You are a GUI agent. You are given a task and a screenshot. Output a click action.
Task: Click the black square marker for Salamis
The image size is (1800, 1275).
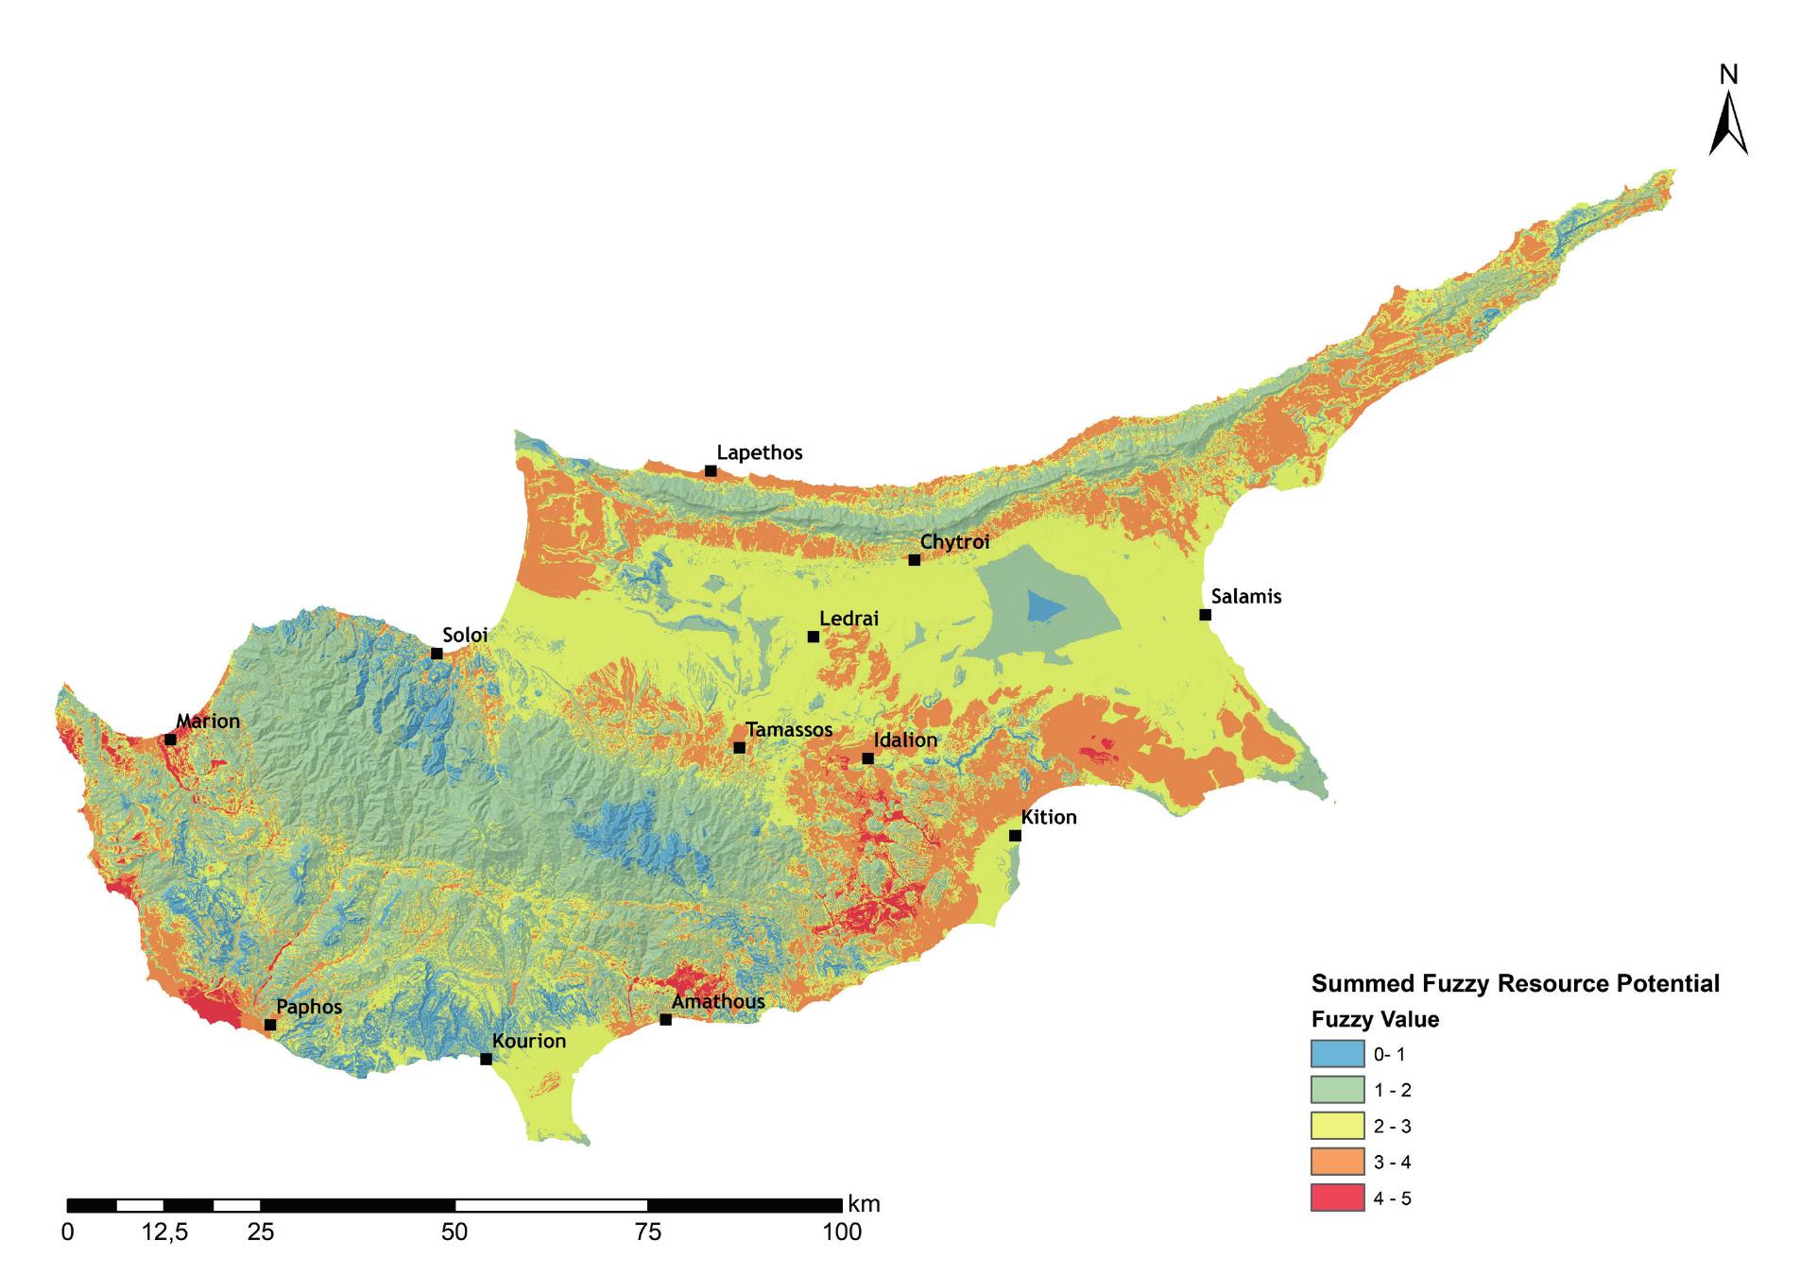pyautogui.click(x=1205, y=615)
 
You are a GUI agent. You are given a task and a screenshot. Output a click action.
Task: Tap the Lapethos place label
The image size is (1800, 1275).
pyautogui.click(x=759, y=452)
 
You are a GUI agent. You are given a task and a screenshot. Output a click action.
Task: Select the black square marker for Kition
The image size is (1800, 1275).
pyautogui.click(x=1015, y=835)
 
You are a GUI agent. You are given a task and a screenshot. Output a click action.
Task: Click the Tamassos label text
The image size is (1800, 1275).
pyautogui.click(x=789, y=729)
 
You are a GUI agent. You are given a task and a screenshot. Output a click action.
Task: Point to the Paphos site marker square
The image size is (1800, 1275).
pyautogui.click(x=270, y=1025)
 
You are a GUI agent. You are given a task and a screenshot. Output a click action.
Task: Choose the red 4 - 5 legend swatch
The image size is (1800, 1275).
pyautogui.click(x=1337, y=1198)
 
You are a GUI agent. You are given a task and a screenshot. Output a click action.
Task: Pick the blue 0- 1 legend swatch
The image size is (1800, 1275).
pyautogui.click(x=1337, y=1053)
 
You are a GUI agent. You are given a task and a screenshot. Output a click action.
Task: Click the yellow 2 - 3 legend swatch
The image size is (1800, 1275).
pyautogui.click(x=1337, y=1126)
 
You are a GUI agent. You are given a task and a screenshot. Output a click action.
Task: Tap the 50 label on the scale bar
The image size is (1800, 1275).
pyautogui.click(x=454, y=1232)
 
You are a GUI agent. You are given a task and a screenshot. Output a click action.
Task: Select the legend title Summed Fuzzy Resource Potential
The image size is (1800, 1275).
pyautogui.click(x=1515, y=983)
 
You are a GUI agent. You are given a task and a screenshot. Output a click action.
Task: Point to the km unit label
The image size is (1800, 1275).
pyautogui.click(x=864, y=1203)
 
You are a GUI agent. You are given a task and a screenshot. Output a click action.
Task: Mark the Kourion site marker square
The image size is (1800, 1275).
pyautogui.click(x=486, y=1059)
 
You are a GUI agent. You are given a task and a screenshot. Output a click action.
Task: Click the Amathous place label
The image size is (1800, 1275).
pyautogui.click(x=718, y=1001)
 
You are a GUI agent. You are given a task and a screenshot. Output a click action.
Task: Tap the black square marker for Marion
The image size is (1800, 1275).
pyautogui.click(x=170, y=739)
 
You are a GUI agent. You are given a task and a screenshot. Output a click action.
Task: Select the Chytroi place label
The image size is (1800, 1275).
pyautogui.click(x=954, y=542)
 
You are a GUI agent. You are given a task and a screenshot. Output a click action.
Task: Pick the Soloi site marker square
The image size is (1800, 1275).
pyautogui.click(x=437, y=654)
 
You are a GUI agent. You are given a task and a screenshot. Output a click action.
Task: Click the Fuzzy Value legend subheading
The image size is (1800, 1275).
pyautogui.click(x=1375, y=1019)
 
